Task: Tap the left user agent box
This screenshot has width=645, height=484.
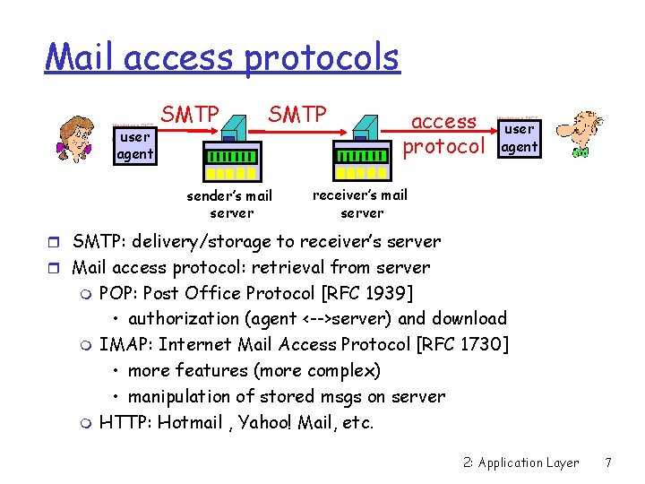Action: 134,146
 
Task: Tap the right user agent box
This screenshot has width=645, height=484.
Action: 520,138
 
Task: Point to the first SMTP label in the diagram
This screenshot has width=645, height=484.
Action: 190,116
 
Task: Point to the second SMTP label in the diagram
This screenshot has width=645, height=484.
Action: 297,116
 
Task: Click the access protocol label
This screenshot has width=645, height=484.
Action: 443,133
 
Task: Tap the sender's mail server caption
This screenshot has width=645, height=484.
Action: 229,203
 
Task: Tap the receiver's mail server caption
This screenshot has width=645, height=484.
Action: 360,203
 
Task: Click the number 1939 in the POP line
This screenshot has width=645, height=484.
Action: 385,293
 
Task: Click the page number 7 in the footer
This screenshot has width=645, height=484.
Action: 608,462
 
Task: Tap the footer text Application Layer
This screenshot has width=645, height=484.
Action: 529,462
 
